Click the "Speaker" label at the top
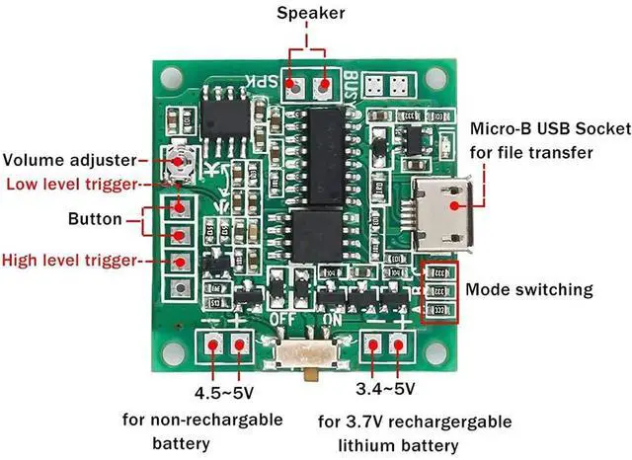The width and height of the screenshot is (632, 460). (310, 13)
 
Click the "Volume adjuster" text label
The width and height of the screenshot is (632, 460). (71, 160)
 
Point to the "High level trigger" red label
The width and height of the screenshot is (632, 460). (72, 262)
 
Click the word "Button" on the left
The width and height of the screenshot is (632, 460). (95, 220)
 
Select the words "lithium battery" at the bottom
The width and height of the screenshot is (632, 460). (415, 445)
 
